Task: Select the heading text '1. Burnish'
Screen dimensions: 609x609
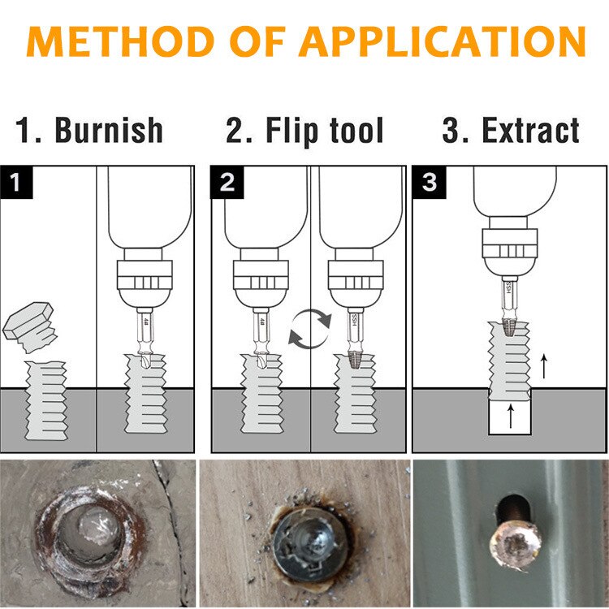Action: click(89, 131)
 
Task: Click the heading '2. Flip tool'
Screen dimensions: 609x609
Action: click(304, 131)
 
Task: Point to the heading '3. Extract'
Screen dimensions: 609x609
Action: click(511, 131)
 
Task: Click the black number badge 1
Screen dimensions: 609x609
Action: click(17, 182)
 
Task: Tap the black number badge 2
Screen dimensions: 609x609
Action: click(227, 182)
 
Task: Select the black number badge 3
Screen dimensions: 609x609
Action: click(429, 182)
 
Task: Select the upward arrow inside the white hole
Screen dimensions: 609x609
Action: click(510, 417)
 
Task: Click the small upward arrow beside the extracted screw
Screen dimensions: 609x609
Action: click(543, 366)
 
